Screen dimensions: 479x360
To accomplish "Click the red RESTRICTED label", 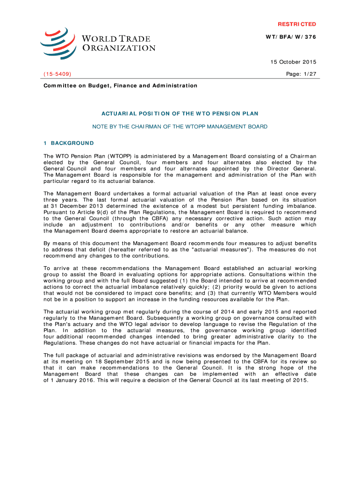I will point(297,24).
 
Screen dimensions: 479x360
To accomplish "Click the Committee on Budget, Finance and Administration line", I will point(120,86).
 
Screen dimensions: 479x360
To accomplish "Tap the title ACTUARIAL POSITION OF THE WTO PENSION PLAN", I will point(180,114).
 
